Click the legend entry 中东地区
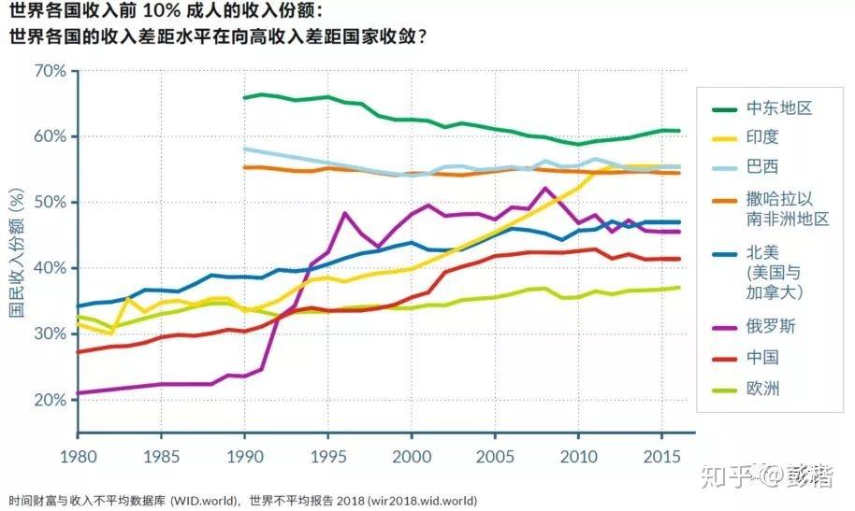pyautogui.click(x=779, y=107)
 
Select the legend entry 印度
pyautogui.click(x=762, y=137)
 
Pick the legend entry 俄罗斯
pyautogui.click(x=771, y=327)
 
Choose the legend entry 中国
pyautogui.click(x=762, y=357)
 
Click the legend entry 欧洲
pyautogui.click(x=762, y=388)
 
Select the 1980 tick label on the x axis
pyautogui.click(x=78, y=458)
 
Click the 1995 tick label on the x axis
pyautogui.click(x=326, y=458)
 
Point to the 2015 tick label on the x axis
pyautogui.click(x=658, y=458)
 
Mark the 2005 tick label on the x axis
pyautogui.click(x=492, y=458)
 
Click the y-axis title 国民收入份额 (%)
pyautogui.click(x=16, y=252)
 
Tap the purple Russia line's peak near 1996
pyautogui.click(x=344, y=213)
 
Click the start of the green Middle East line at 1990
pyautogui.click(x=244, y=97)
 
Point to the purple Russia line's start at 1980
pyautogui.click(x=78, y=393)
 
